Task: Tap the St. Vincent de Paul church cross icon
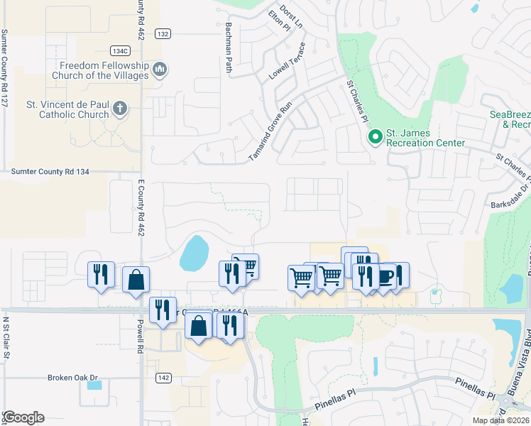120,109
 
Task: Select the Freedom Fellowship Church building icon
160,70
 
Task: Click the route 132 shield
163,34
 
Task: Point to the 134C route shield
120,50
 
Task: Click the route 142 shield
163,378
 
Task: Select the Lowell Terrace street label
287,61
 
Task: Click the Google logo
23,418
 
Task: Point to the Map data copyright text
500,420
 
